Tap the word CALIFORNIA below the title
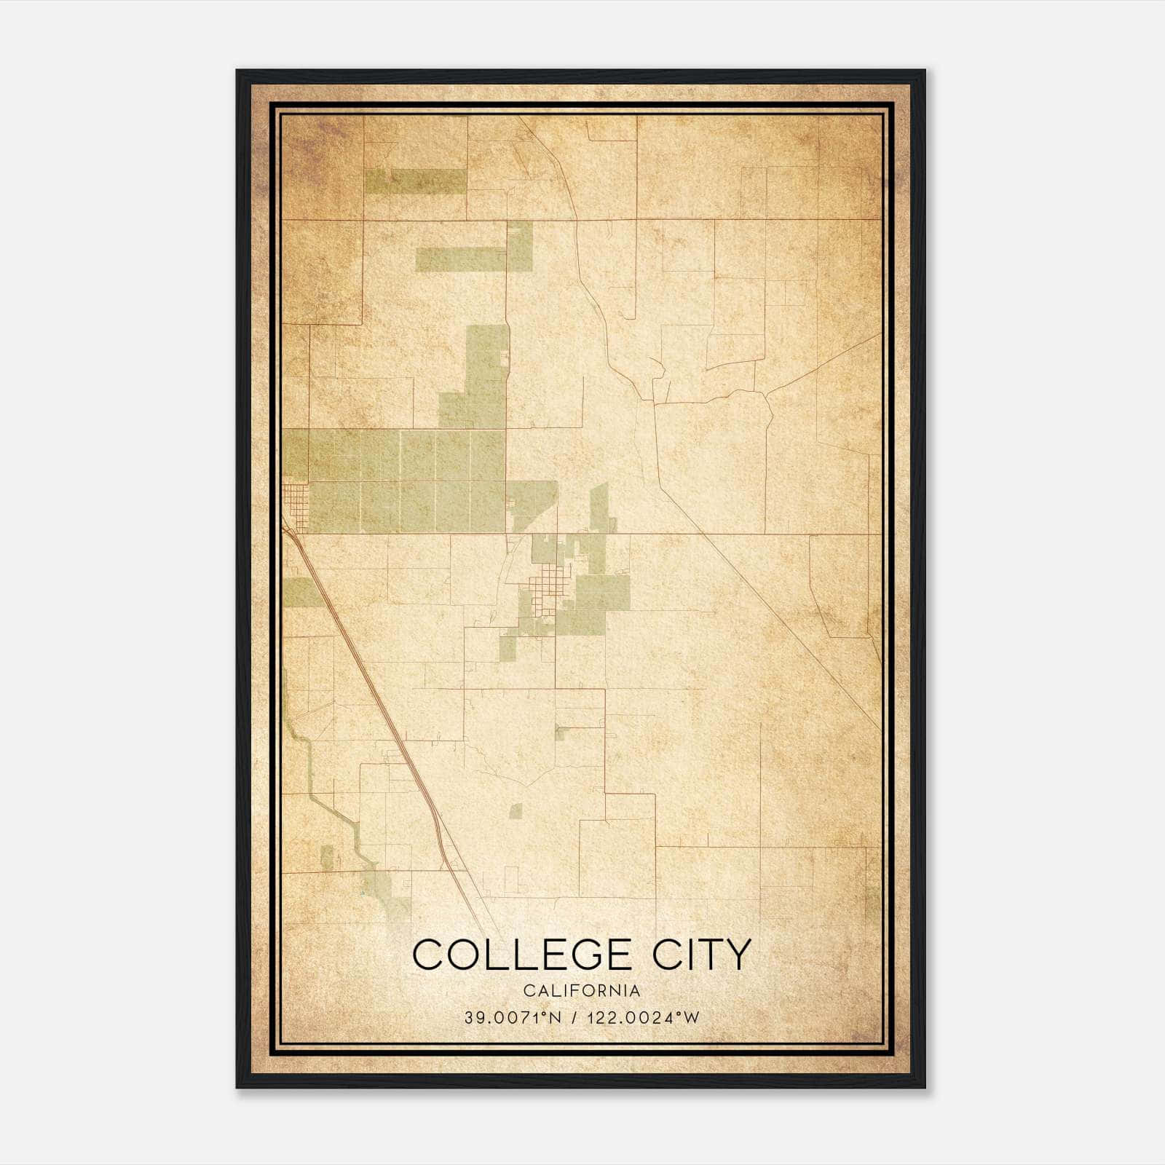coord(582,991)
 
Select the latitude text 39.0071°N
coord(513,1018)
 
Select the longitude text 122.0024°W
coord(647,1018)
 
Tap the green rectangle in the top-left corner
coord(415,181)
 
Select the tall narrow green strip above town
coord(599,510)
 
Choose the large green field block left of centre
coord(408,481)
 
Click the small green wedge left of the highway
coord(300,593)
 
